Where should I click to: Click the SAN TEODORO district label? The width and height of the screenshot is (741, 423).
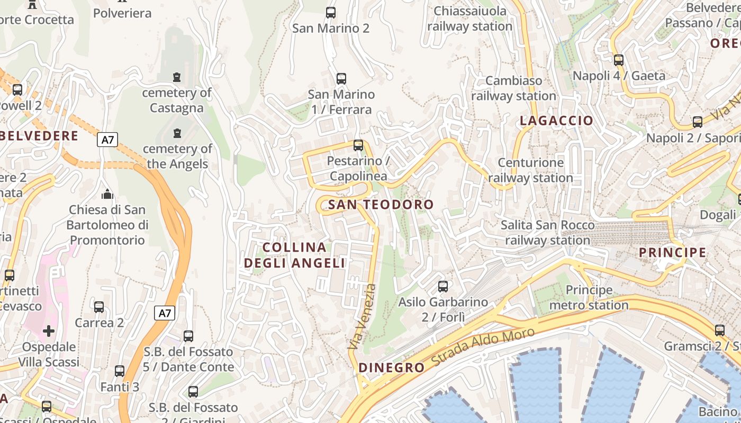click(381, 205)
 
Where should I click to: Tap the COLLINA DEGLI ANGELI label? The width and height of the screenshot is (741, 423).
click(295, 255)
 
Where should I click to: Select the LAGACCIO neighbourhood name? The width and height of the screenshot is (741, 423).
click(556, 121)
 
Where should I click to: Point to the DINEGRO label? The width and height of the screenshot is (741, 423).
click(391, 367)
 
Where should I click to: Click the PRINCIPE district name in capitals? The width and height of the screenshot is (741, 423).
click(672, 252)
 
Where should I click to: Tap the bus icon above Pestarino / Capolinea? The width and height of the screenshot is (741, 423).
click(358, 145)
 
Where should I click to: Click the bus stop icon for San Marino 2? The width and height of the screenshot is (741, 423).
click(331, 13)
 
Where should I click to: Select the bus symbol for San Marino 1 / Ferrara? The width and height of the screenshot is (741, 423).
click(341, 79)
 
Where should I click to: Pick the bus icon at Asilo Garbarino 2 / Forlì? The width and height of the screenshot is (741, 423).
click(443, 287)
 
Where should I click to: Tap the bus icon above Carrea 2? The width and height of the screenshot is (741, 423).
click(99, 307)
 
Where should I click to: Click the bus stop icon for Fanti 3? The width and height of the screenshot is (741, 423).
click(120, 371)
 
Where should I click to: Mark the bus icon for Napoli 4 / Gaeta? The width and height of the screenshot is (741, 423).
click(619, 60)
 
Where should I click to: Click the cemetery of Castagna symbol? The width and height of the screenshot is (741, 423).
click(177, 77)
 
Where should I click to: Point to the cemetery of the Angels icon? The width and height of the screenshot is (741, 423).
click(177, 133)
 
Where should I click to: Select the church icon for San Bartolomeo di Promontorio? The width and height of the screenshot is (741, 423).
click(107, 194)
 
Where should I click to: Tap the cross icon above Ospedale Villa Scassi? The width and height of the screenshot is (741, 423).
click(49, 332)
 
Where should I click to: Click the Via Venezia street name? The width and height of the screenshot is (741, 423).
click(363, 316)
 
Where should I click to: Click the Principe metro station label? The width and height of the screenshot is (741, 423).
click(589, 298)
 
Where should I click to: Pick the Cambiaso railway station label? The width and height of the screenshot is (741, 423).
click(513, 88)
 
